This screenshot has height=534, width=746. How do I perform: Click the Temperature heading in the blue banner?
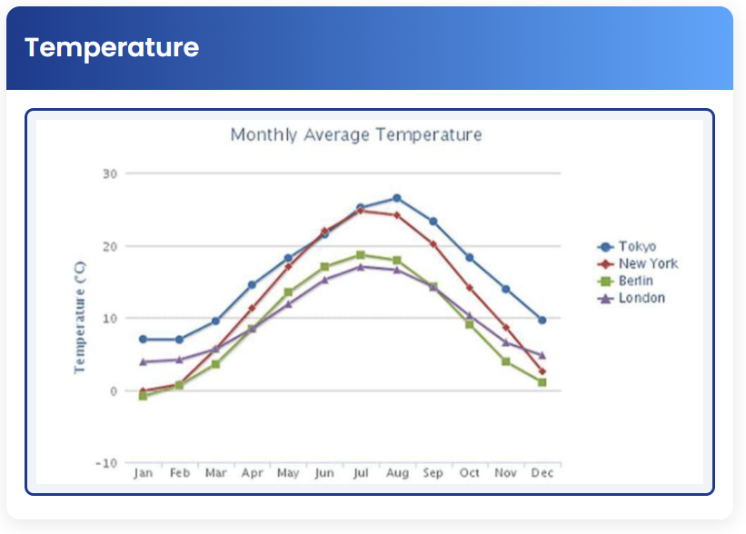[111, 47]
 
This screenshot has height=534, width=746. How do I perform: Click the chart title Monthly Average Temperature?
[355, 135]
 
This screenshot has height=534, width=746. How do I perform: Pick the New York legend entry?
[647, 263]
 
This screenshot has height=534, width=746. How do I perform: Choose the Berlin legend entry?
[635, 281]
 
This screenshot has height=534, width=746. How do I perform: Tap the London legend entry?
[641, 298]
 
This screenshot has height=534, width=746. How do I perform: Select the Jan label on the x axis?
[143, 473]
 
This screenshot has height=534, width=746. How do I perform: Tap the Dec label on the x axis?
[542, 473]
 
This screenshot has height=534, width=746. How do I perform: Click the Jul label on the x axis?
[361, 473]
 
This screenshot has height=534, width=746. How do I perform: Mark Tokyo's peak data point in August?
[397, 198]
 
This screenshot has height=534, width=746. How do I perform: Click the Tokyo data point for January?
[143, 339]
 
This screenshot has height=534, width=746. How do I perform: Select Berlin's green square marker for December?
[542, 382]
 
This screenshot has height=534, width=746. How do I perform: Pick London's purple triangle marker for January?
[143, 361]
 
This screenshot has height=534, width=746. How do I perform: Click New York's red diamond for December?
[542, 371]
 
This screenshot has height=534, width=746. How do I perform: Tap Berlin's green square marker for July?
[361, 255]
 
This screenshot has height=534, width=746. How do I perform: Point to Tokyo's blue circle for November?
[505, 289]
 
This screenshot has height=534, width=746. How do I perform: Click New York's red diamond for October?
[469, 288]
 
